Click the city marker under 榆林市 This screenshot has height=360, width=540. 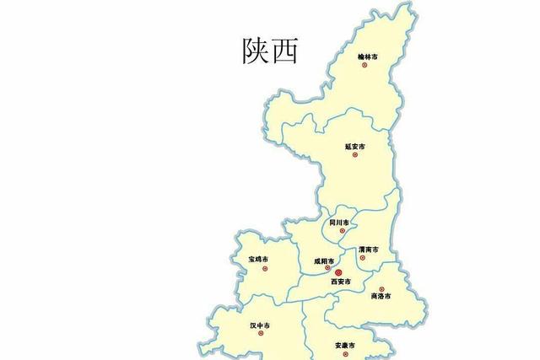click(x=365, y=65)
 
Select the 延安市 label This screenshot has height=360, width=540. click(x=355, y=146)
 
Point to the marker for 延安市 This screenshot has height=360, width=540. click(x=355, y=155)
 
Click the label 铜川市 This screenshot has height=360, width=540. click(x=338, y=222)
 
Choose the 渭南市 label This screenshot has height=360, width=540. click(x=368, y=250)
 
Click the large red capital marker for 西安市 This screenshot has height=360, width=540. click(x=338, y=272)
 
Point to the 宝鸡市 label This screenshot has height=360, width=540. click(x=258, y=258)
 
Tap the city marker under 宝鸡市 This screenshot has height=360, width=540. click(x=265, y=268)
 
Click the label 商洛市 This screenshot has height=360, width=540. click(x=381, y=296)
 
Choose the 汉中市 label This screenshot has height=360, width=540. click(x=259, y=325)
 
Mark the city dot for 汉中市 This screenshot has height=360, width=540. click(x=261, y=333)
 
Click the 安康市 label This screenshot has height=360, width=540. click(x=345, y=345)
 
